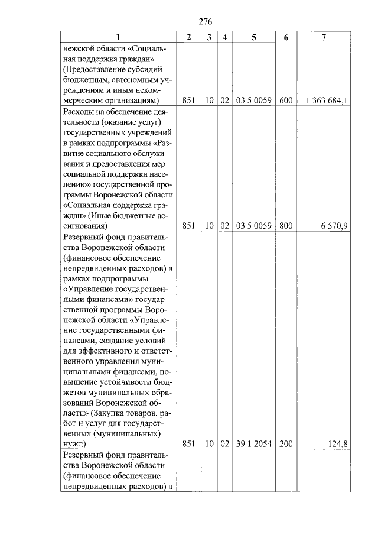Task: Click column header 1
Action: point(117,37)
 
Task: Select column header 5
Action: point(253,37)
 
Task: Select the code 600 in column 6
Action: point(286,100)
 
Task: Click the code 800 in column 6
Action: point(286,225)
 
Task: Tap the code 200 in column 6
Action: point(286,443)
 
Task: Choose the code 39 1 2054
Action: point(253,443)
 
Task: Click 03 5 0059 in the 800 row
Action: point(253,225)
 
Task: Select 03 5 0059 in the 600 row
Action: point(253,100)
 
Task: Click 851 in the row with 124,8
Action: point(188,443)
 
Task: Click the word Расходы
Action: point(80,111)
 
